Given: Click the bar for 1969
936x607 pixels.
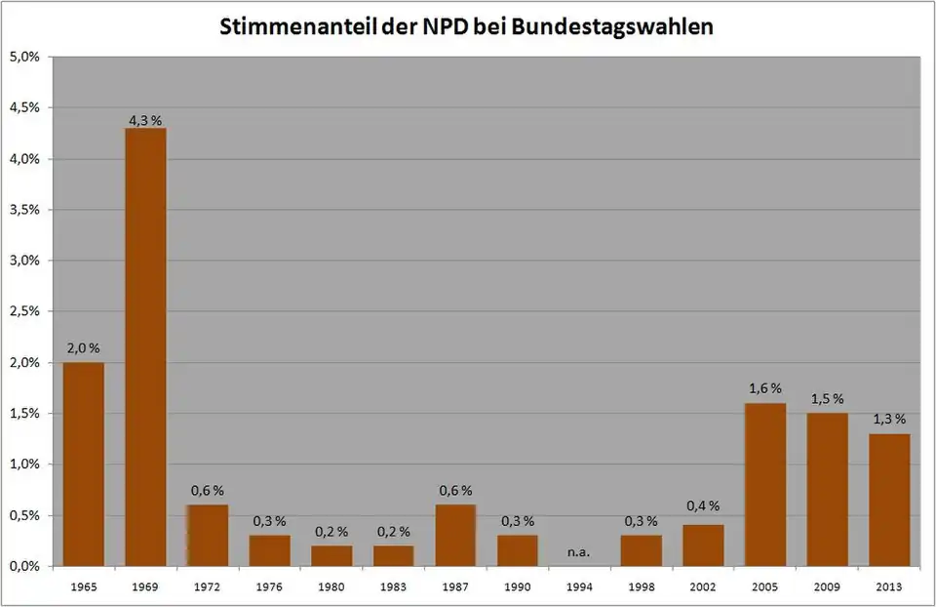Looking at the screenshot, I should click(x=145, y=346).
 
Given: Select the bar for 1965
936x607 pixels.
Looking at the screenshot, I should click(x=83, y=464).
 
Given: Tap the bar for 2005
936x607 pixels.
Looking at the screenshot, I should click(x=765, y=484).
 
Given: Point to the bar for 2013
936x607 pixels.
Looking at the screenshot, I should click(x=889, y=500).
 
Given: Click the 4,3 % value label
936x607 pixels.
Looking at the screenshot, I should click(x=145, y=120).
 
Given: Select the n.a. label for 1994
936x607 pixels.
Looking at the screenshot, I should click(x=579, y=552).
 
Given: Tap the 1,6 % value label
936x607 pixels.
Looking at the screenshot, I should click(x=765, y=388).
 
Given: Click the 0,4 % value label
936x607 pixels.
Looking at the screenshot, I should click(x=703, y=506).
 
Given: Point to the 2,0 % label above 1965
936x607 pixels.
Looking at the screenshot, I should click(x=83, y=348).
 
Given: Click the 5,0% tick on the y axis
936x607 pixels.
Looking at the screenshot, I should click(x=24, y=57).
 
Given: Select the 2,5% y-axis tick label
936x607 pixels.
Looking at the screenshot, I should click(x=24, y=311).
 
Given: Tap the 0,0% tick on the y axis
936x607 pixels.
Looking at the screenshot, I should click(x=24, y=566).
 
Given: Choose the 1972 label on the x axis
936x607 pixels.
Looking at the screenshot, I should click(x=207, y=587).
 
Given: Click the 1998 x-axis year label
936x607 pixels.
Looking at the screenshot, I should click(x=642, y=587).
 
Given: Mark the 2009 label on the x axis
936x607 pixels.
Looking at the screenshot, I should click(x=827, y=587).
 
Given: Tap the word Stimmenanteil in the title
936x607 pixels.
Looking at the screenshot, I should click(x=283, y=26).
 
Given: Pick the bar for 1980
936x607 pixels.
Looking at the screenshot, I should click(x=331, y=555).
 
